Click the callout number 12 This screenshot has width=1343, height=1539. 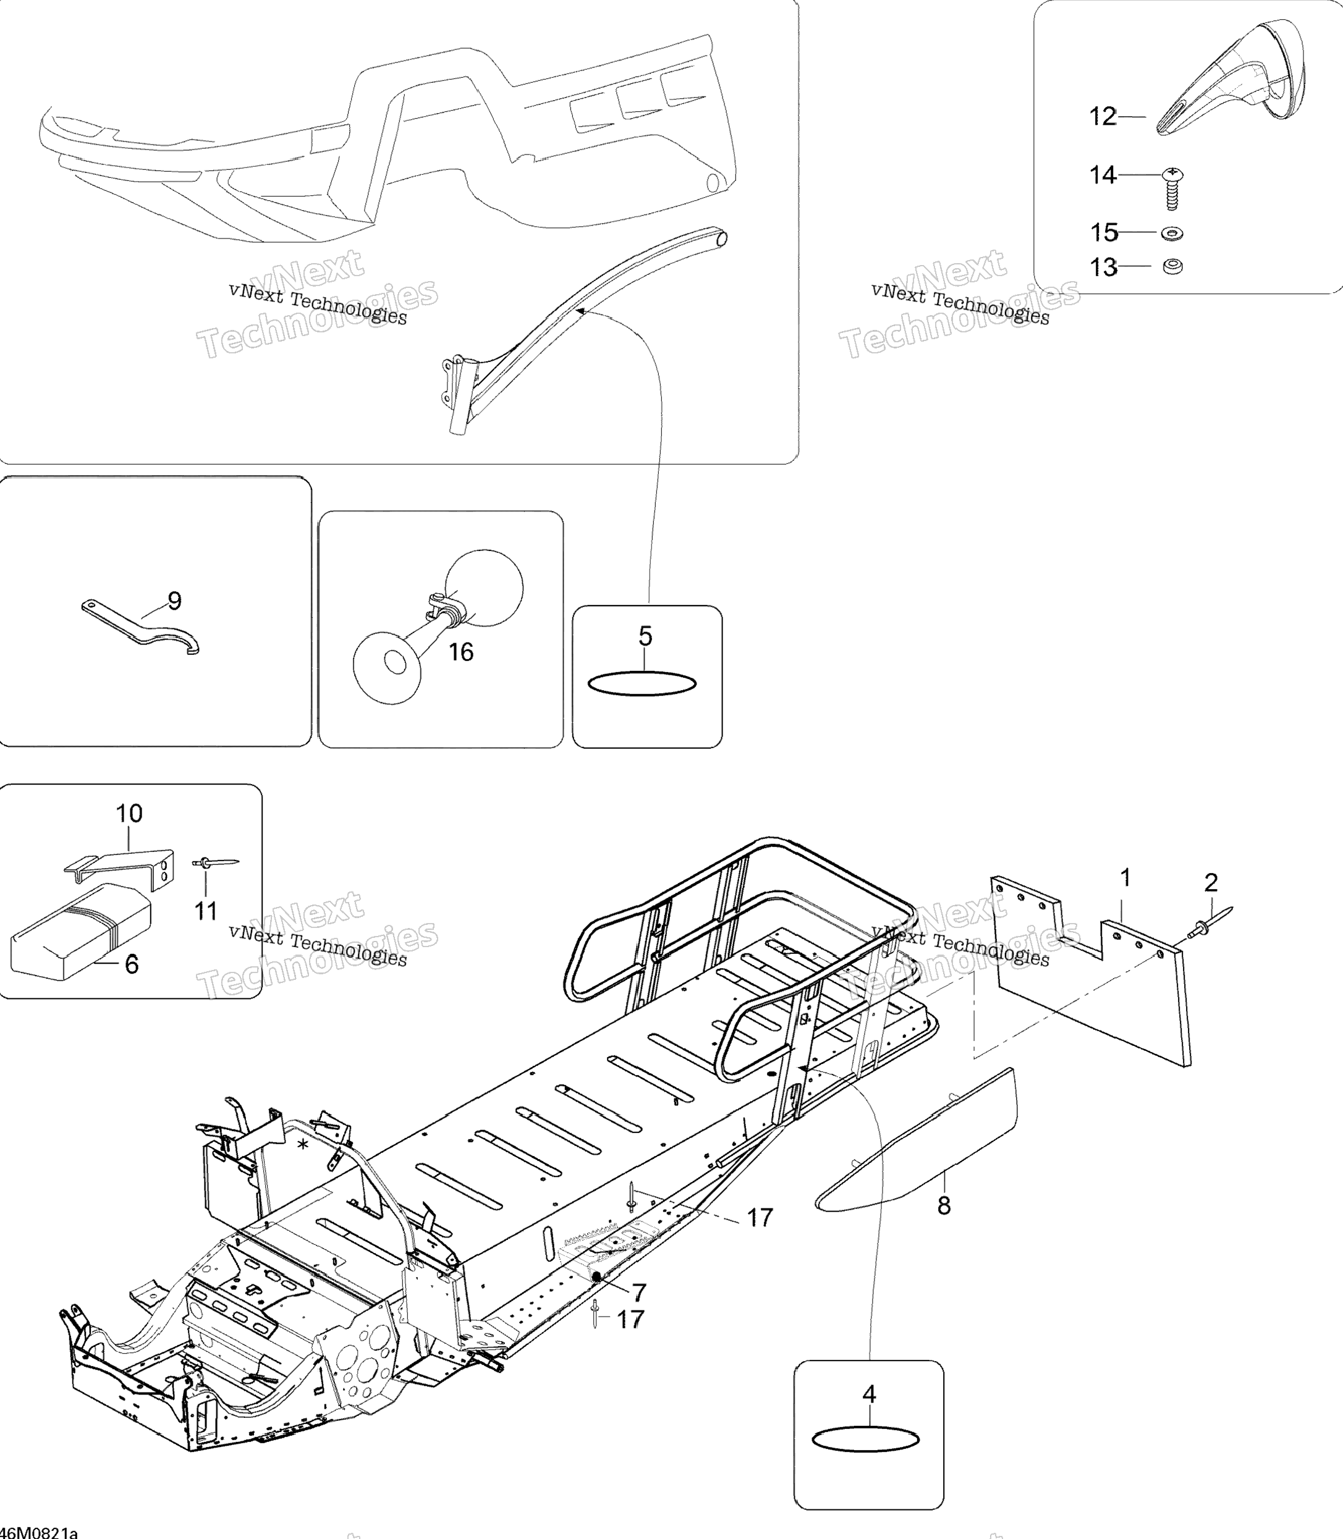pos(1103,117)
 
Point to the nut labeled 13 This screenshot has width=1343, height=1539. pos(1172,266)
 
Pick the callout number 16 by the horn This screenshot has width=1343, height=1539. pos(461,652)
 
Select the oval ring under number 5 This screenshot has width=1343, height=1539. pos(642,683)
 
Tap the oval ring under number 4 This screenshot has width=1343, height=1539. pos(866,1440)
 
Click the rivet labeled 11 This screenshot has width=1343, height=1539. pos(216,864)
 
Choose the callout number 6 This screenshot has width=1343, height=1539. pos(132,964)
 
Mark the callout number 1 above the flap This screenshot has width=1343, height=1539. pos(1125,877)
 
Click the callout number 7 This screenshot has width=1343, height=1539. pos(638,1292)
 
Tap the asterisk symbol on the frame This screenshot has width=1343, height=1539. pos(303,1144)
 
